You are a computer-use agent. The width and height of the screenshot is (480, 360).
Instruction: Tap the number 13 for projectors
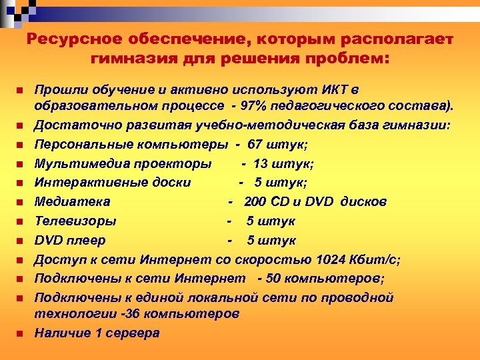(x=261, y=163)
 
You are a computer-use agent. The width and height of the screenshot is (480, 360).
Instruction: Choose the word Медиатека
(x=73, y=201)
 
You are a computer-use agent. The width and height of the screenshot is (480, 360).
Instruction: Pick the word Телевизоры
(x=75, y=221)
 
